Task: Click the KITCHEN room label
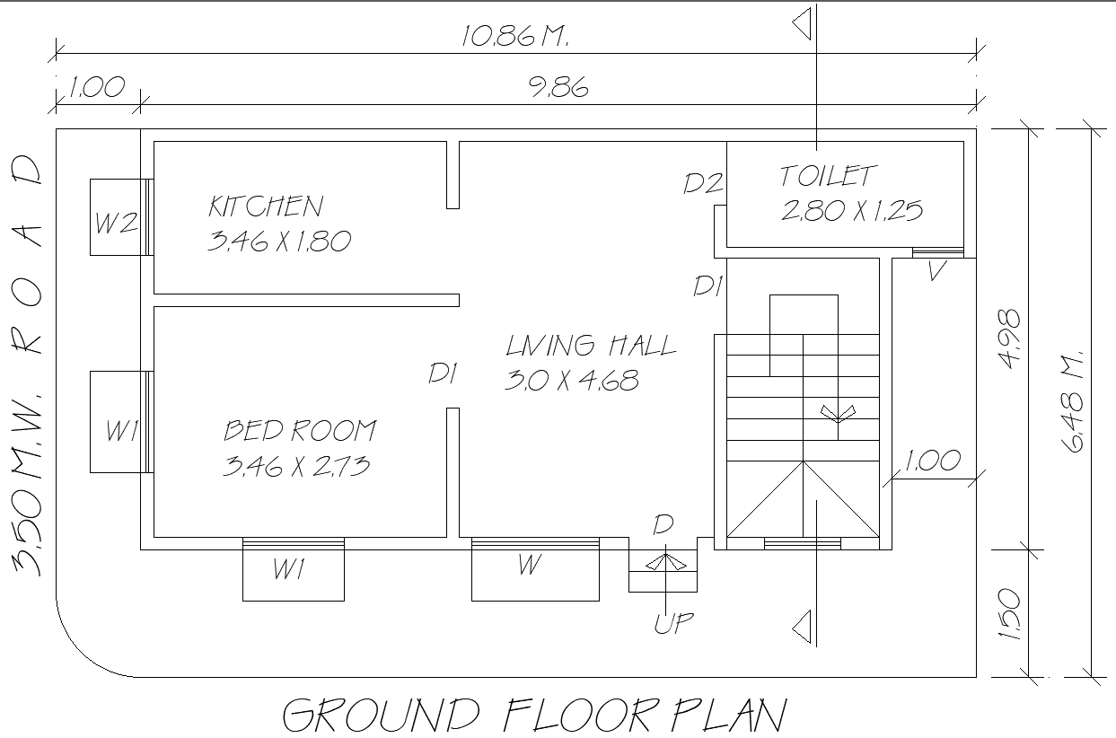tap(265, 206)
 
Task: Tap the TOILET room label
tap(828, 176)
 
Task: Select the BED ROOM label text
tap(300, 431)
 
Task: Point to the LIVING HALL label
tap(590, 346)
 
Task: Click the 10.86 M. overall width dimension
tap(515, 37)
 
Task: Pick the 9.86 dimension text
tap(558, 88)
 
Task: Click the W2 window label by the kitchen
tap(116, 223)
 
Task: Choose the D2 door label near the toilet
tap(703, 184)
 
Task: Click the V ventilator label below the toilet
tap(936, 271)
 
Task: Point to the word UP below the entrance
tap(673, 623)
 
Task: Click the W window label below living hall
tap(530, 566)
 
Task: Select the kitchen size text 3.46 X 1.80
tap(278, 241)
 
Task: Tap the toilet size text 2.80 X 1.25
tap(851, 211)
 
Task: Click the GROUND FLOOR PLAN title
tap(535, 716)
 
